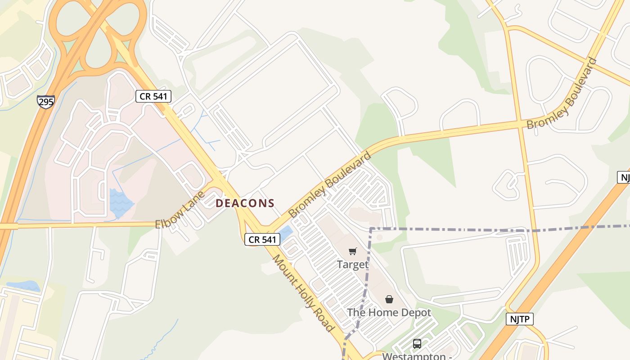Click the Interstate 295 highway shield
point(46,101)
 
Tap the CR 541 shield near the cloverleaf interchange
point(153,96)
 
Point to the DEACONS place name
point(245,203)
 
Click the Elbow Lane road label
point(180,209)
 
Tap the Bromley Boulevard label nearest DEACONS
point(330,184)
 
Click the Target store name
point(353,265)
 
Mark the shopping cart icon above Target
point(353,251)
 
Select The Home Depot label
point(389,312)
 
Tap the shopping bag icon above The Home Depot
point(389,299)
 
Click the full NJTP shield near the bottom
point(520,319)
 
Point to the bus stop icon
point(417,344)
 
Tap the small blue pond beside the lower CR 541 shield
point(285,234)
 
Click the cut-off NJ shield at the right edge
point(624,177)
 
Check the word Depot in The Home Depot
point(414,312)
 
